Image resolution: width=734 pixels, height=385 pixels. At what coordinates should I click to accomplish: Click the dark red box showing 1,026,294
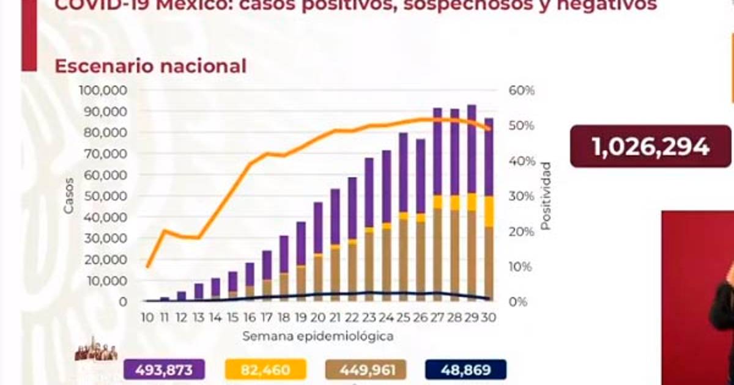pos(650,147)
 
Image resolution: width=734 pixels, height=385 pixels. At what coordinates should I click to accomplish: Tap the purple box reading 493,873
pos(165,369)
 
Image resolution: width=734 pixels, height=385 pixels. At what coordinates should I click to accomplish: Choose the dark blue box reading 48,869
pos(465,369)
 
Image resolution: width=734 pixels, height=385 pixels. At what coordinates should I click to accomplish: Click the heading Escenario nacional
pos(150,66)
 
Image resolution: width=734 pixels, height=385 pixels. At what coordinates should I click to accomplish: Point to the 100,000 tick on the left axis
pos(103,90)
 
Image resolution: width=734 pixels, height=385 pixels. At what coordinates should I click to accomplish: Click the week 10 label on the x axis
pos(147,318)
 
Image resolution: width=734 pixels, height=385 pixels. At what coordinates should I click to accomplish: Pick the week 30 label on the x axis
pos(489,318)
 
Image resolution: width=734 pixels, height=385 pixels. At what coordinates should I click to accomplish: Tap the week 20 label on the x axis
pos(318,318)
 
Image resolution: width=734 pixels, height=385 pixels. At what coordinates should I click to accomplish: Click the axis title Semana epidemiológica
pos(317,336)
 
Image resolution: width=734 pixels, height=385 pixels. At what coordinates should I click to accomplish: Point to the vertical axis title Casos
pos(69,196)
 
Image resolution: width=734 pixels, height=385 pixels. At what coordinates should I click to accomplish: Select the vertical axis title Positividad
pos(546,196)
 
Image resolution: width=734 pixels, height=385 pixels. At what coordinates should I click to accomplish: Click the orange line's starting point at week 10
pos(147,266)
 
